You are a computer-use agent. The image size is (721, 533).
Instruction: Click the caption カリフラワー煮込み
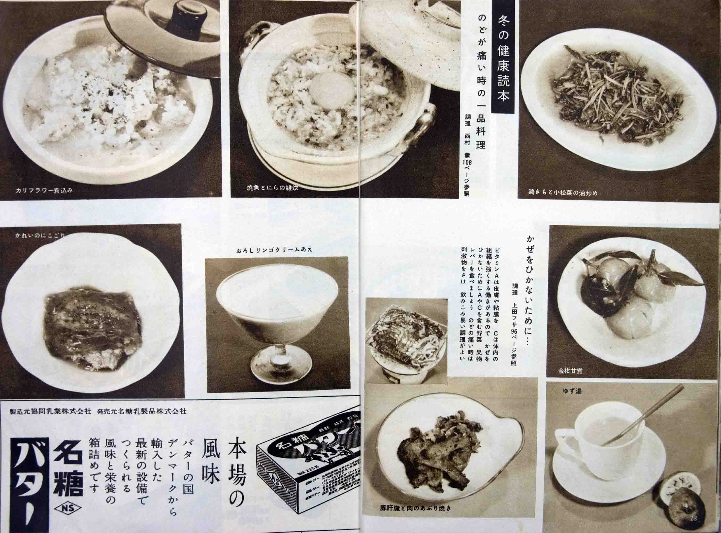[44, 190]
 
